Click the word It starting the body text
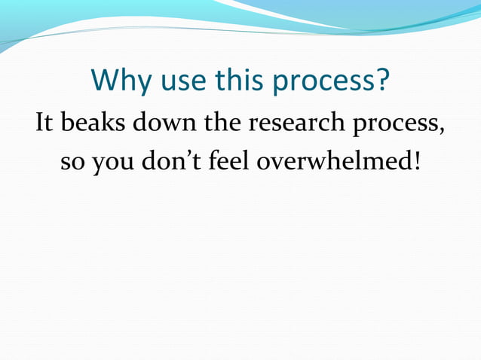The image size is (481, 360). point(44,123)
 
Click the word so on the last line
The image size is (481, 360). point(73,163)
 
